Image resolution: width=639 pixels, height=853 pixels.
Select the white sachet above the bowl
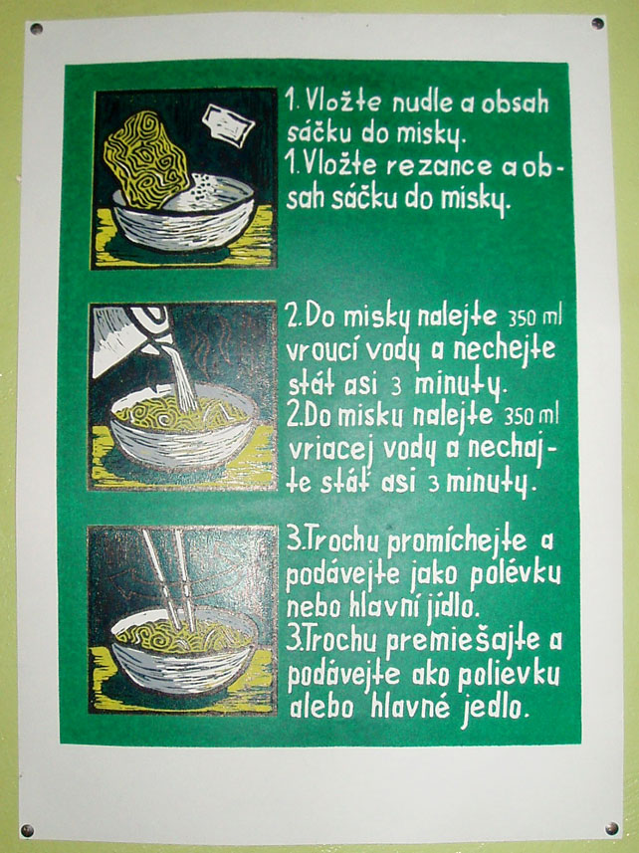coord(228,124)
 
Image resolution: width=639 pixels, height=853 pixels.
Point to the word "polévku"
coord(515,575)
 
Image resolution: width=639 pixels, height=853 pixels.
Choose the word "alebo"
coord(321,708)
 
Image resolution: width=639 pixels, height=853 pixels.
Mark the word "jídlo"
coord(449,606)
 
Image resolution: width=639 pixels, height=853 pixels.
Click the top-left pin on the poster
coord(37,29)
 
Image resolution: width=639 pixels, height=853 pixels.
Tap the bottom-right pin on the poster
coord(611,828)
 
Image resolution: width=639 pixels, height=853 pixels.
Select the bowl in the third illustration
coord(183,652)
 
